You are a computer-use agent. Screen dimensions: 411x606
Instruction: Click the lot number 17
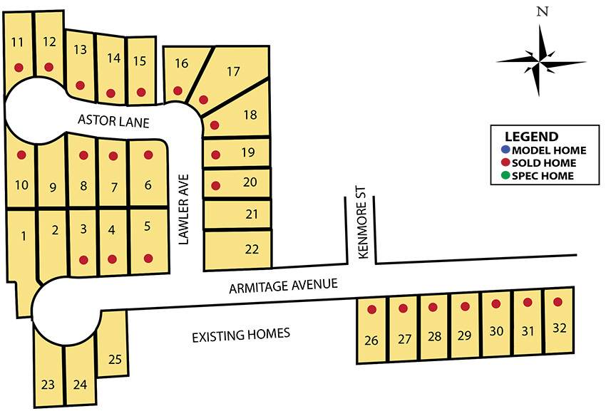tap(233, 71)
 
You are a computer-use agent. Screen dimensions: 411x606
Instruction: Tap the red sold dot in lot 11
tap(19, 68)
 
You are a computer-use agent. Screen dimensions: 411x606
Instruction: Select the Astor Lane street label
tap(114, 122)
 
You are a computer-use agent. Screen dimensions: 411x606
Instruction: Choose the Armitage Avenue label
tap(282, 287)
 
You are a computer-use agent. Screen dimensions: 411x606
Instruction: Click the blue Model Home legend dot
tap(505, 150)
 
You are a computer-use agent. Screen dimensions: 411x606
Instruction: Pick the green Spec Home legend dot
tap(505, 176)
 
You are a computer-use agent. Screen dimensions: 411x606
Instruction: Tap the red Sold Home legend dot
tap(505, 163)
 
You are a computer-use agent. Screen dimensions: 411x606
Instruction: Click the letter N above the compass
tap(543, 11)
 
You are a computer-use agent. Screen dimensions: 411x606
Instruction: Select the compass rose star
tap(542, 61)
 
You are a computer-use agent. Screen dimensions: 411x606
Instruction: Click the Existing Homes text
tap(241, 334)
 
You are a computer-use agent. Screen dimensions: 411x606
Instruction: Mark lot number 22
tap(251, 249)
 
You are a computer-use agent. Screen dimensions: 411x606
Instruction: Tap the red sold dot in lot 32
tap(558, 302)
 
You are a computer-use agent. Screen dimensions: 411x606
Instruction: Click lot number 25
tap(115, 359)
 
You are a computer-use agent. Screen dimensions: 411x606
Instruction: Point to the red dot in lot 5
tap(148, 258)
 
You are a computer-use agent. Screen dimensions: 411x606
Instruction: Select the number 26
tap(371, 340)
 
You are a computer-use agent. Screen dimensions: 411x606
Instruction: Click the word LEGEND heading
tap(531, 137)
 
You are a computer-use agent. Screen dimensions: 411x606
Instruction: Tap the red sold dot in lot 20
tap(216, 186)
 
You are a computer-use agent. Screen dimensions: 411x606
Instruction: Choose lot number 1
tap(24, 236)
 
